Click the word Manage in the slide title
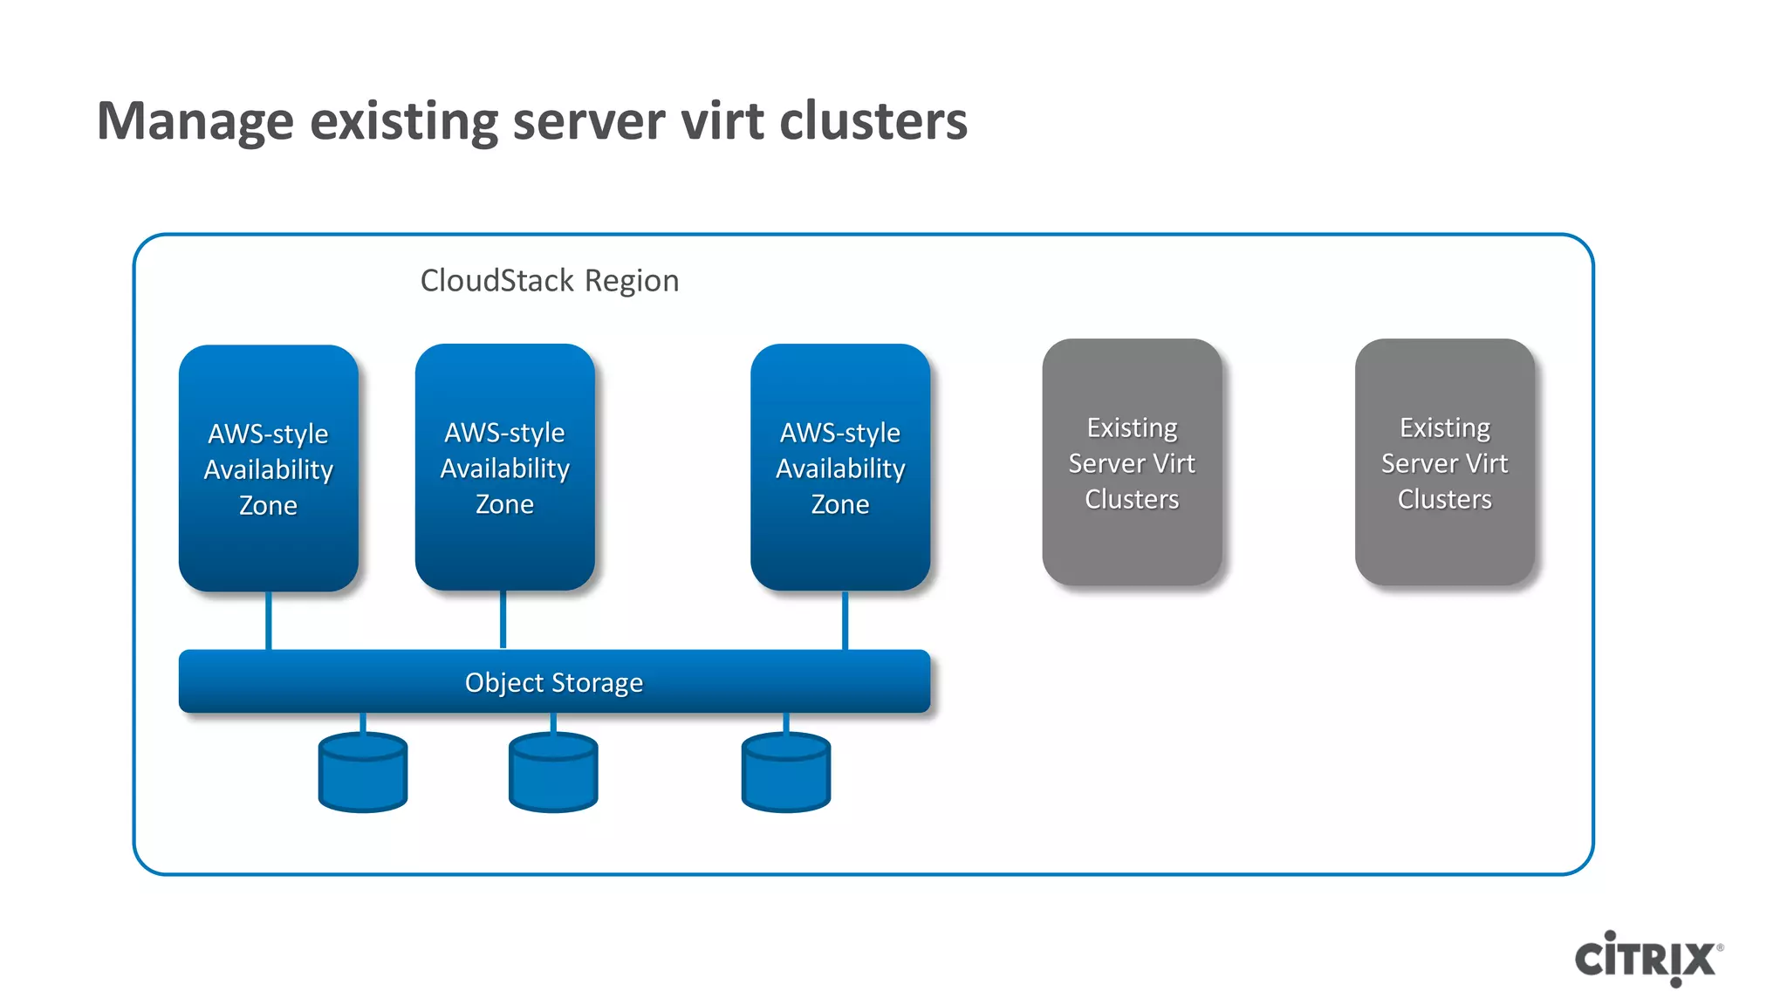(x=195, y=121)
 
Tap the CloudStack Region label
(x=549, y=281)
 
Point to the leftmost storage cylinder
(x=363, y=774)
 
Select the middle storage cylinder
(x=553, y=774)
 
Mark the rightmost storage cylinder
(x=785, y=774)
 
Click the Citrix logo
(x=1647, y=958)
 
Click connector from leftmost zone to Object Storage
(x=269, y=620)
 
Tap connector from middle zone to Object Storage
(x=503, y=620)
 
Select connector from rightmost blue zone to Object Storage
(x=845, y=620)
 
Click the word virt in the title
(x=722, y=121)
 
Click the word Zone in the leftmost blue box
(x=269, y=506)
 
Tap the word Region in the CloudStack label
(x=632, y=281)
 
